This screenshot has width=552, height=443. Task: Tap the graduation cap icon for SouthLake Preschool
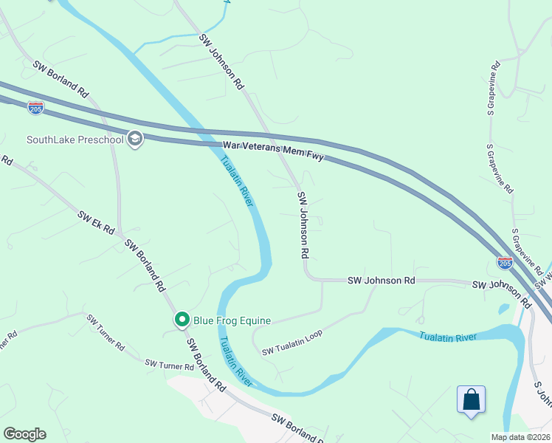(x=134, y=139)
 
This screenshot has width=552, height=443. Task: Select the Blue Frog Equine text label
(x=232, y=320)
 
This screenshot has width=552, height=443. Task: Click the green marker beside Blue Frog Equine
(x=182, y=320)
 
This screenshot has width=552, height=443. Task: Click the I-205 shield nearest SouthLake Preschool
(x=35, y=107)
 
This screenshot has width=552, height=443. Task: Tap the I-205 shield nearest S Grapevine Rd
(x=505, y=263)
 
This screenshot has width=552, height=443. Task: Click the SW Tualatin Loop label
(x=292, y=341)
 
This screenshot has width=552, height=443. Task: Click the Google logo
(x=24, y=434)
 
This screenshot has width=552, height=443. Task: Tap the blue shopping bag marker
(x=471, y=400)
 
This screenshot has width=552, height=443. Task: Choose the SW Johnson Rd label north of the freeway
(x=221, y=62)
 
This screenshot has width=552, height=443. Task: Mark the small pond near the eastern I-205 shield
(x=503, y=308)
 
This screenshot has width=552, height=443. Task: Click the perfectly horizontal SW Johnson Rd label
(x=381, y=281)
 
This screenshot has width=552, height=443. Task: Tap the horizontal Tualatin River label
(x=448, y=337)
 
